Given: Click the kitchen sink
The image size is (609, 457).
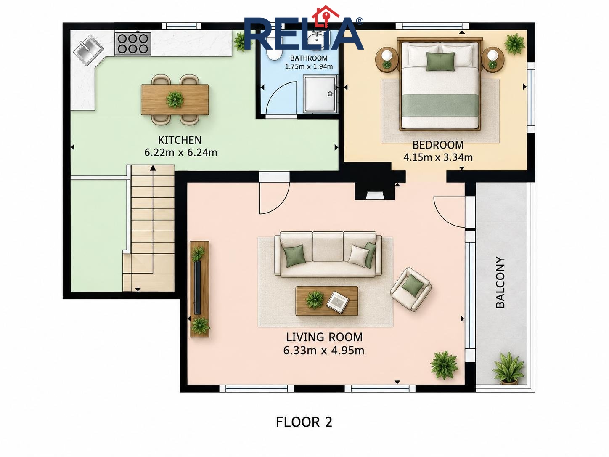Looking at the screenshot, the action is (88, 50).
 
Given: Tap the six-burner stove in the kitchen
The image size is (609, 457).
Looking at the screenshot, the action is (133, 43).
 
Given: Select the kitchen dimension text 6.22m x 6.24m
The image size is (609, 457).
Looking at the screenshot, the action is (180, 153).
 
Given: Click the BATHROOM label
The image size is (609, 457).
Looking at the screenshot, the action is (309, 58).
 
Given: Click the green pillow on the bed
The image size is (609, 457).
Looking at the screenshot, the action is (440, 61).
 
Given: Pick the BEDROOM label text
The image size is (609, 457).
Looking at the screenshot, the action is (438, 145).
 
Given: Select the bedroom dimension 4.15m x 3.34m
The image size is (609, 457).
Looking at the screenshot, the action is (438, 158).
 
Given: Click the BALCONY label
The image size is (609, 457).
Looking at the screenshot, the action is (500, 282).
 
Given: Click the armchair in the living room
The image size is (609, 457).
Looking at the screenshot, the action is (411, 289).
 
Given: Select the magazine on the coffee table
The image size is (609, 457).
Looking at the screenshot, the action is (338, 302).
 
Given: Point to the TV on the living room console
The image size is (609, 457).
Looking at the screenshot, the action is (197, 287).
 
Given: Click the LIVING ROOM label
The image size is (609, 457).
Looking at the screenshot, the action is (324, 337).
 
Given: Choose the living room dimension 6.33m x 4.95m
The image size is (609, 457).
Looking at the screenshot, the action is (323, 351).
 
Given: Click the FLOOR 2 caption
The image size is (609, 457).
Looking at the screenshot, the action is (304, 422).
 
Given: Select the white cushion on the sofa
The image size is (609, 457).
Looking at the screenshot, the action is (358, 255).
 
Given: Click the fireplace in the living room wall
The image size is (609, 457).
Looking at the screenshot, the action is (375, 191).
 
